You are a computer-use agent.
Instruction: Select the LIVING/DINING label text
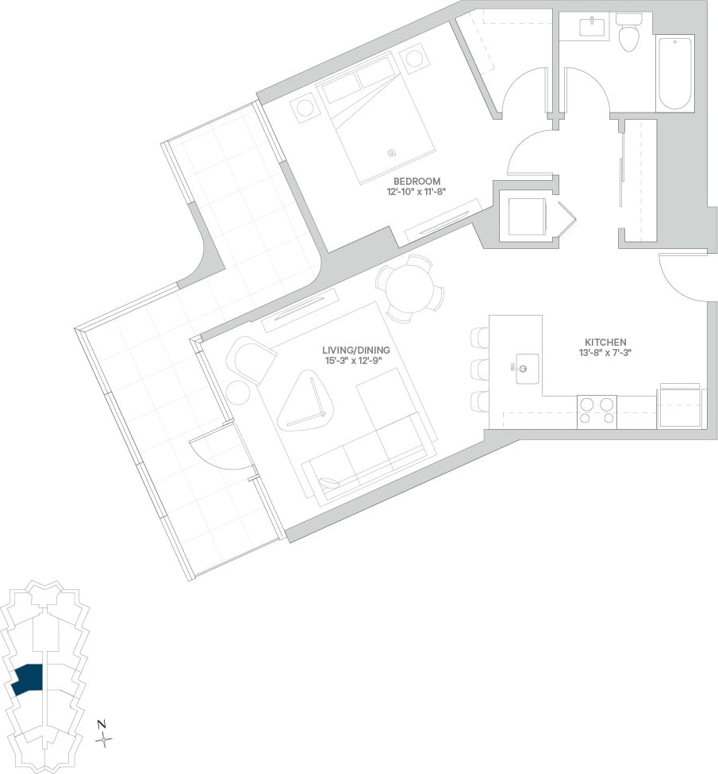point(356,350)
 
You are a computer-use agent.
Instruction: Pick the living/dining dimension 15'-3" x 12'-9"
point(356,361)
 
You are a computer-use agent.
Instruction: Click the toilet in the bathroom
point(628,34)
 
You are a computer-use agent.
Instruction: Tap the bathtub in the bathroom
point(674,72)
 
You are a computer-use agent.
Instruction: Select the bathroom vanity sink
point(591,28)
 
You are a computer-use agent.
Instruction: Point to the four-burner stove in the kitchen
point(597,412)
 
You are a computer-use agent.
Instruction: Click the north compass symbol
point(103,738)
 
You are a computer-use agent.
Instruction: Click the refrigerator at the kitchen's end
point(680,407)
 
